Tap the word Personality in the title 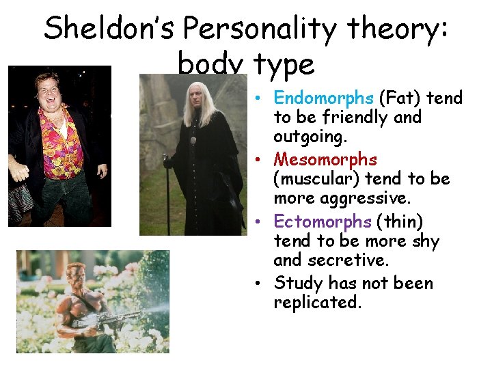pyautogui.click(x=260, y=29)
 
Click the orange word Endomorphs pyautogui.click(x=323, y=98)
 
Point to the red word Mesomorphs pyautogui.click(x=325, y=159)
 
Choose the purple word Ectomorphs pyautogui.click(x=323, y=221)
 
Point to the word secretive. pyautogui.click(x=348, y=260)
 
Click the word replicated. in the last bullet pyautogui.click(x=317, y=302)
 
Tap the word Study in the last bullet pyautogui.click(x=299, y=282)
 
